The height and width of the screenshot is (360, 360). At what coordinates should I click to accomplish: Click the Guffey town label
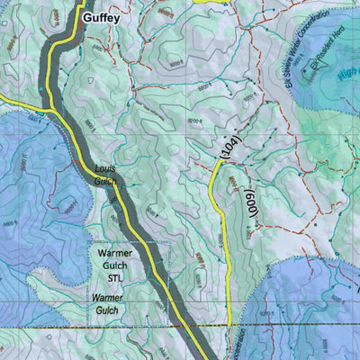coord(103,16)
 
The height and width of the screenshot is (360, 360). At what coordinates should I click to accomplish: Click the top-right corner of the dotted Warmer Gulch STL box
coord(167,243)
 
